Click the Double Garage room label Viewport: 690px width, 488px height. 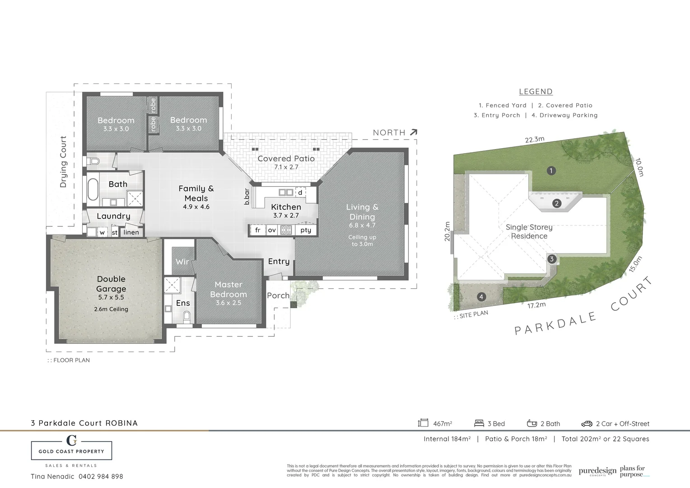[x=111, y=284]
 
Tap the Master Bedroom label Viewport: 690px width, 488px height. [x=228, y=289]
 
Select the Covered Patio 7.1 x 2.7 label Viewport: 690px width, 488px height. [x=286, y=162]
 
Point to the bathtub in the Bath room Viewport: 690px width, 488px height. [x=93, y=189]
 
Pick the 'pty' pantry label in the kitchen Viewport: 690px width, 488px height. [x=306, y=230]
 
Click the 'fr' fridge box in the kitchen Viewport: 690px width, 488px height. [x=258, y=230]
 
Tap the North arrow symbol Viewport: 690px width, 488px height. [x=413, y=132]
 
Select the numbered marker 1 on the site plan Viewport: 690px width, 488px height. [x=551, y=171]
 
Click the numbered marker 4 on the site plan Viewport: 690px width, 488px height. [x=482, y=297]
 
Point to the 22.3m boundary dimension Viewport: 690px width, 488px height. [x=535, y=140]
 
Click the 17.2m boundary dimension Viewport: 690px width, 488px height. [x=536, y=305]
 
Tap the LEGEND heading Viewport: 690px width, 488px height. [x=536, y=92]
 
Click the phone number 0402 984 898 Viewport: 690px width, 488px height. [x=101, y=476]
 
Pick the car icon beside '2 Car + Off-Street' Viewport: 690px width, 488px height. [x=587, y=423]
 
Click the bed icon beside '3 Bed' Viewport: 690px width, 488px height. [x=479, y=423]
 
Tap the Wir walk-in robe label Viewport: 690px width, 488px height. [x=182, y=262]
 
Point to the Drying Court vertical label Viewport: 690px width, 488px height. [x=63, y=161]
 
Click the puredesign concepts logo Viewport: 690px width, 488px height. [x=597, y=471]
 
